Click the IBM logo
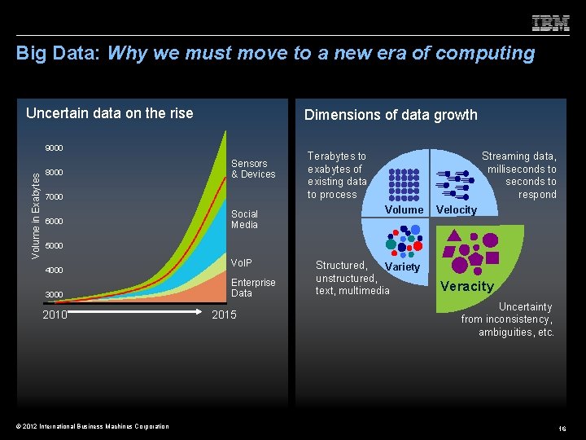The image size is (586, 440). (550, 23)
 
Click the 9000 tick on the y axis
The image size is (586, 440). (55, 148)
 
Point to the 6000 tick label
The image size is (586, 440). (55, 222)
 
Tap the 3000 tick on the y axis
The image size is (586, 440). (55, 294)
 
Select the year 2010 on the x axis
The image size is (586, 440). (55, 315)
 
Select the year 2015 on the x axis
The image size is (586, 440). (223, 315)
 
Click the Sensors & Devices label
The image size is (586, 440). (253, 169)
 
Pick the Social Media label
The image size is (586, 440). (244, 219)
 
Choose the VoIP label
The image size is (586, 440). (242, 263)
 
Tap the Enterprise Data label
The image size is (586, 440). (253, 288)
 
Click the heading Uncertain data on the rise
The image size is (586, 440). (110, 113)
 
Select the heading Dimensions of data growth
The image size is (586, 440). (391, 115)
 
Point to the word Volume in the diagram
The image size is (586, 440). (404, 210)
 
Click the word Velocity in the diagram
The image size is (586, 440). (457, 210)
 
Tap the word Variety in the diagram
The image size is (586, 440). (402, 267)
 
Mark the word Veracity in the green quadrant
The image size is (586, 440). (467, 286)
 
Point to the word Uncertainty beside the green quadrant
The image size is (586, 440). (525, 307)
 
